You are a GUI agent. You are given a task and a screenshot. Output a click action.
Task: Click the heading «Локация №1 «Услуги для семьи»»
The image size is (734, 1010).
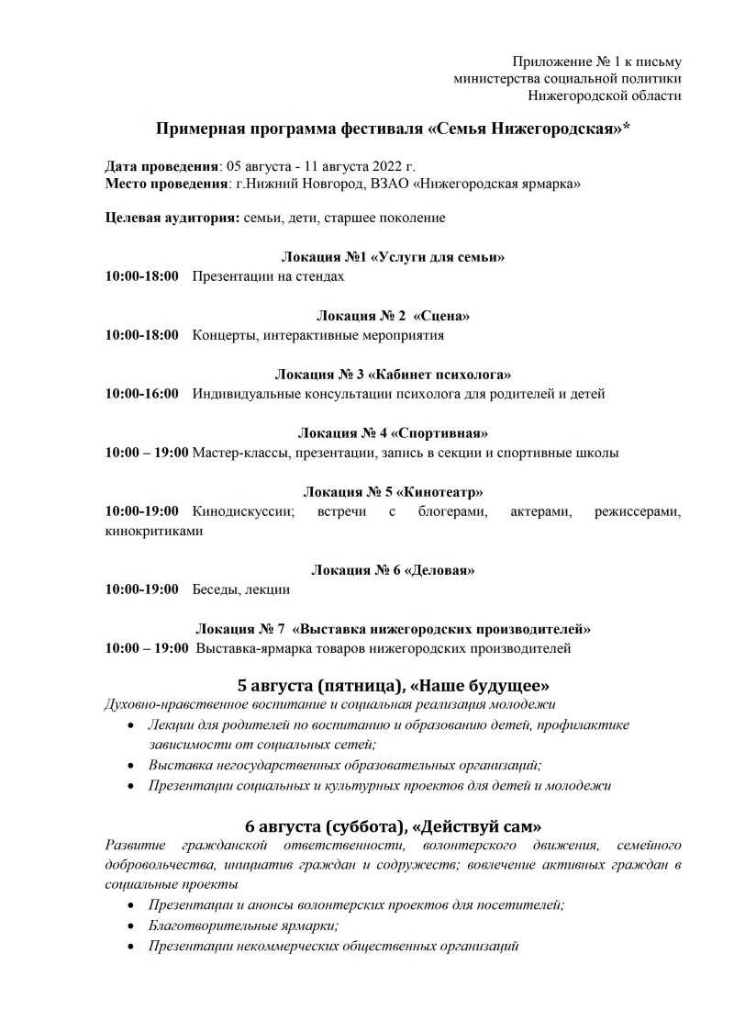(393, 257)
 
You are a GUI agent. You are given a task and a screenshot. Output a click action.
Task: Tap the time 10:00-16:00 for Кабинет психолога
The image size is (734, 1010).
(142, 394)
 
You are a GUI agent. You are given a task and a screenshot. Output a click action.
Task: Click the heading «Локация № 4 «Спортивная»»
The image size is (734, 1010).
(393, 432)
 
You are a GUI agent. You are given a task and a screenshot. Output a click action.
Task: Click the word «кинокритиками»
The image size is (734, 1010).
(154, 531)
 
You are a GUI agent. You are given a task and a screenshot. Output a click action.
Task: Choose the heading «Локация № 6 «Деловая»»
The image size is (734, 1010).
(393, 570)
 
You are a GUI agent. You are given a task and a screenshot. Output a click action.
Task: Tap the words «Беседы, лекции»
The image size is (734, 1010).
(240, 589)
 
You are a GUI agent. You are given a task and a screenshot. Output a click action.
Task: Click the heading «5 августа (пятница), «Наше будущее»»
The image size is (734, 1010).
(393, 685)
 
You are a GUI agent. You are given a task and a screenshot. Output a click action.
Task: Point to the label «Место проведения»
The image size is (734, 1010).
(166, 184)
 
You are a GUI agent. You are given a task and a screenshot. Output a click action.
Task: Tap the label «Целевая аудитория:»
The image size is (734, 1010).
(173, 218)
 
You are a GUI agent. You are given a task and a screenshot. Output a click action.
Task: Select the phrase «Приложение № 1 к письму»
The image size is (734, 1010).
(596, 62)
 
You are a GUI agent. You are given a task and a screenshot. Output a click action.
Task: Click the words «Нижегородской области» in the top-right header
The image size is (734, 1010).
(605, 95)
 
